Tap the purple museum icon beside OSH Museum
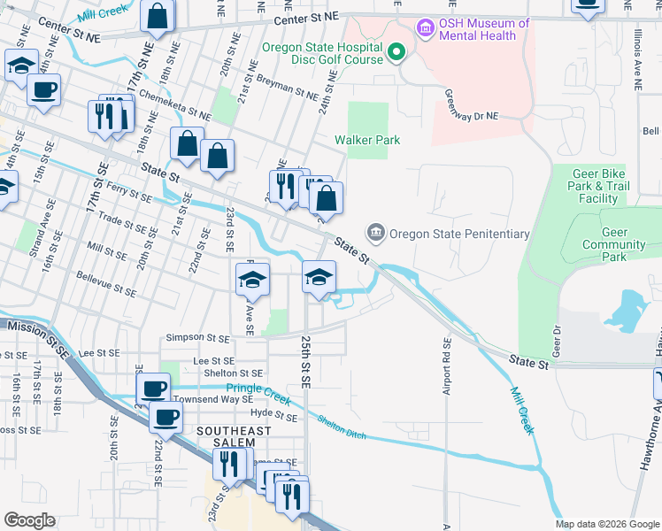(427, 29)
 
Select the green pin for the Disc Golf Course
(396, 52)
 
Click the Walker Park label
(367, 140)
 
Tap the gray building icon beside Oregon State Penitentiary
(376, 234)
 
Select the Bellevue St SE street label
(105, 290)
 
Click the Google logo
(29, 520)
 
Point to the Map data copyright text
(606, 524)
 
